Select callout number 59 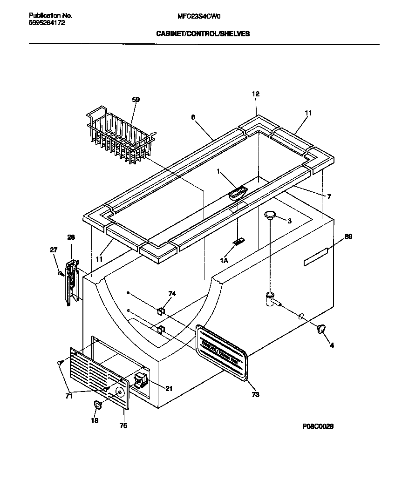click(136, 99)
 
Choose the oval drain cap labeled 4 click(320, 330)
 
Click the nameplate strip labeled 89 click(316, 257)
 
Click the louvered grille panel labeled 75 click(99, 377)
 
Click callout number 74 click(172, 294)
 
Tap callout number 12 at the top click(256, 94)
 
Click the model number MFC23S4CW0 click(199, 15)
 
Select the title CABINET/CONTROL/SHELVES click(203, 34)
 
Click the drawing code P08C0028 click(318, 426)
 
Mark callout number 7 click(329, 197)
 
